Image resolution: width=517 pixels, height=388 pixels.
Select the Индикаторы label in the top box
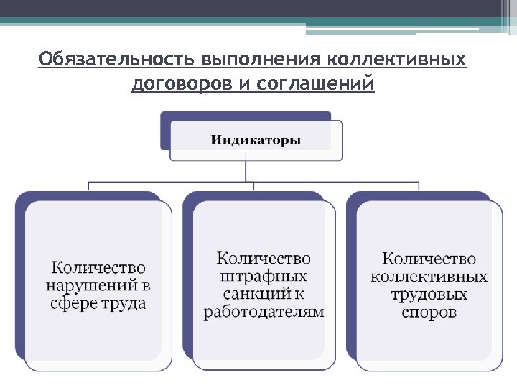coord(256,139)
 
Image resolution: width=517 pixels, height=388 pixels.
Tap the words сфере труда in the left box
coord(98,302)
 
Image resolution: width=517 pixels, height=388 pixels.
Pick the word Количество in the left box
coord(98,268)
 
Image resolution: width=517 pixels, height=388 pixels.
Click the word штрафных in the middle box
coord(264,276)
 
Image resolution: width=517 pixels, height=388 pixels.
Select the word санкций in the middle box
coord(253,294)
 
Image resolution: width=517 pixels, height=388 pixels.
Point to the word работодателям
coord(264,312)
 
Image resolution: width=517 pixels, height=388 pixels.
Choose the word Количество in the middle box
coord(264,258)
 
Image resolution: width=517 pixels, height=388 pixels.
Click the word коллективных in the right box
coord(429,277)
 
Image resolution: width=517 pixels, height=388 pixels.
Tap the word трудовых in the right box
coord(429,295)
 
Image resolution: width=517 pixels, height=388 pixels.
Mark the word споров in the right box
coord(429,313)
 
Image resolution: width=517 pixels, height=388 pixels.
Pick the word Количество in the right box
coord(429,259)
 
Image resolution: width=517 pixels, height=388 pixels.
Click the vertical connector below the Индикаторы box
coord(246,171)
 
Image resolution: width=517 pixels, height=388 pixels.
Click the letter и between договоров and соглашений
coord(243,84)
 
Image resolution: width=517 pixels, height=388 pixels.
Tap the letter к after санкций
coord(299,294)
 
